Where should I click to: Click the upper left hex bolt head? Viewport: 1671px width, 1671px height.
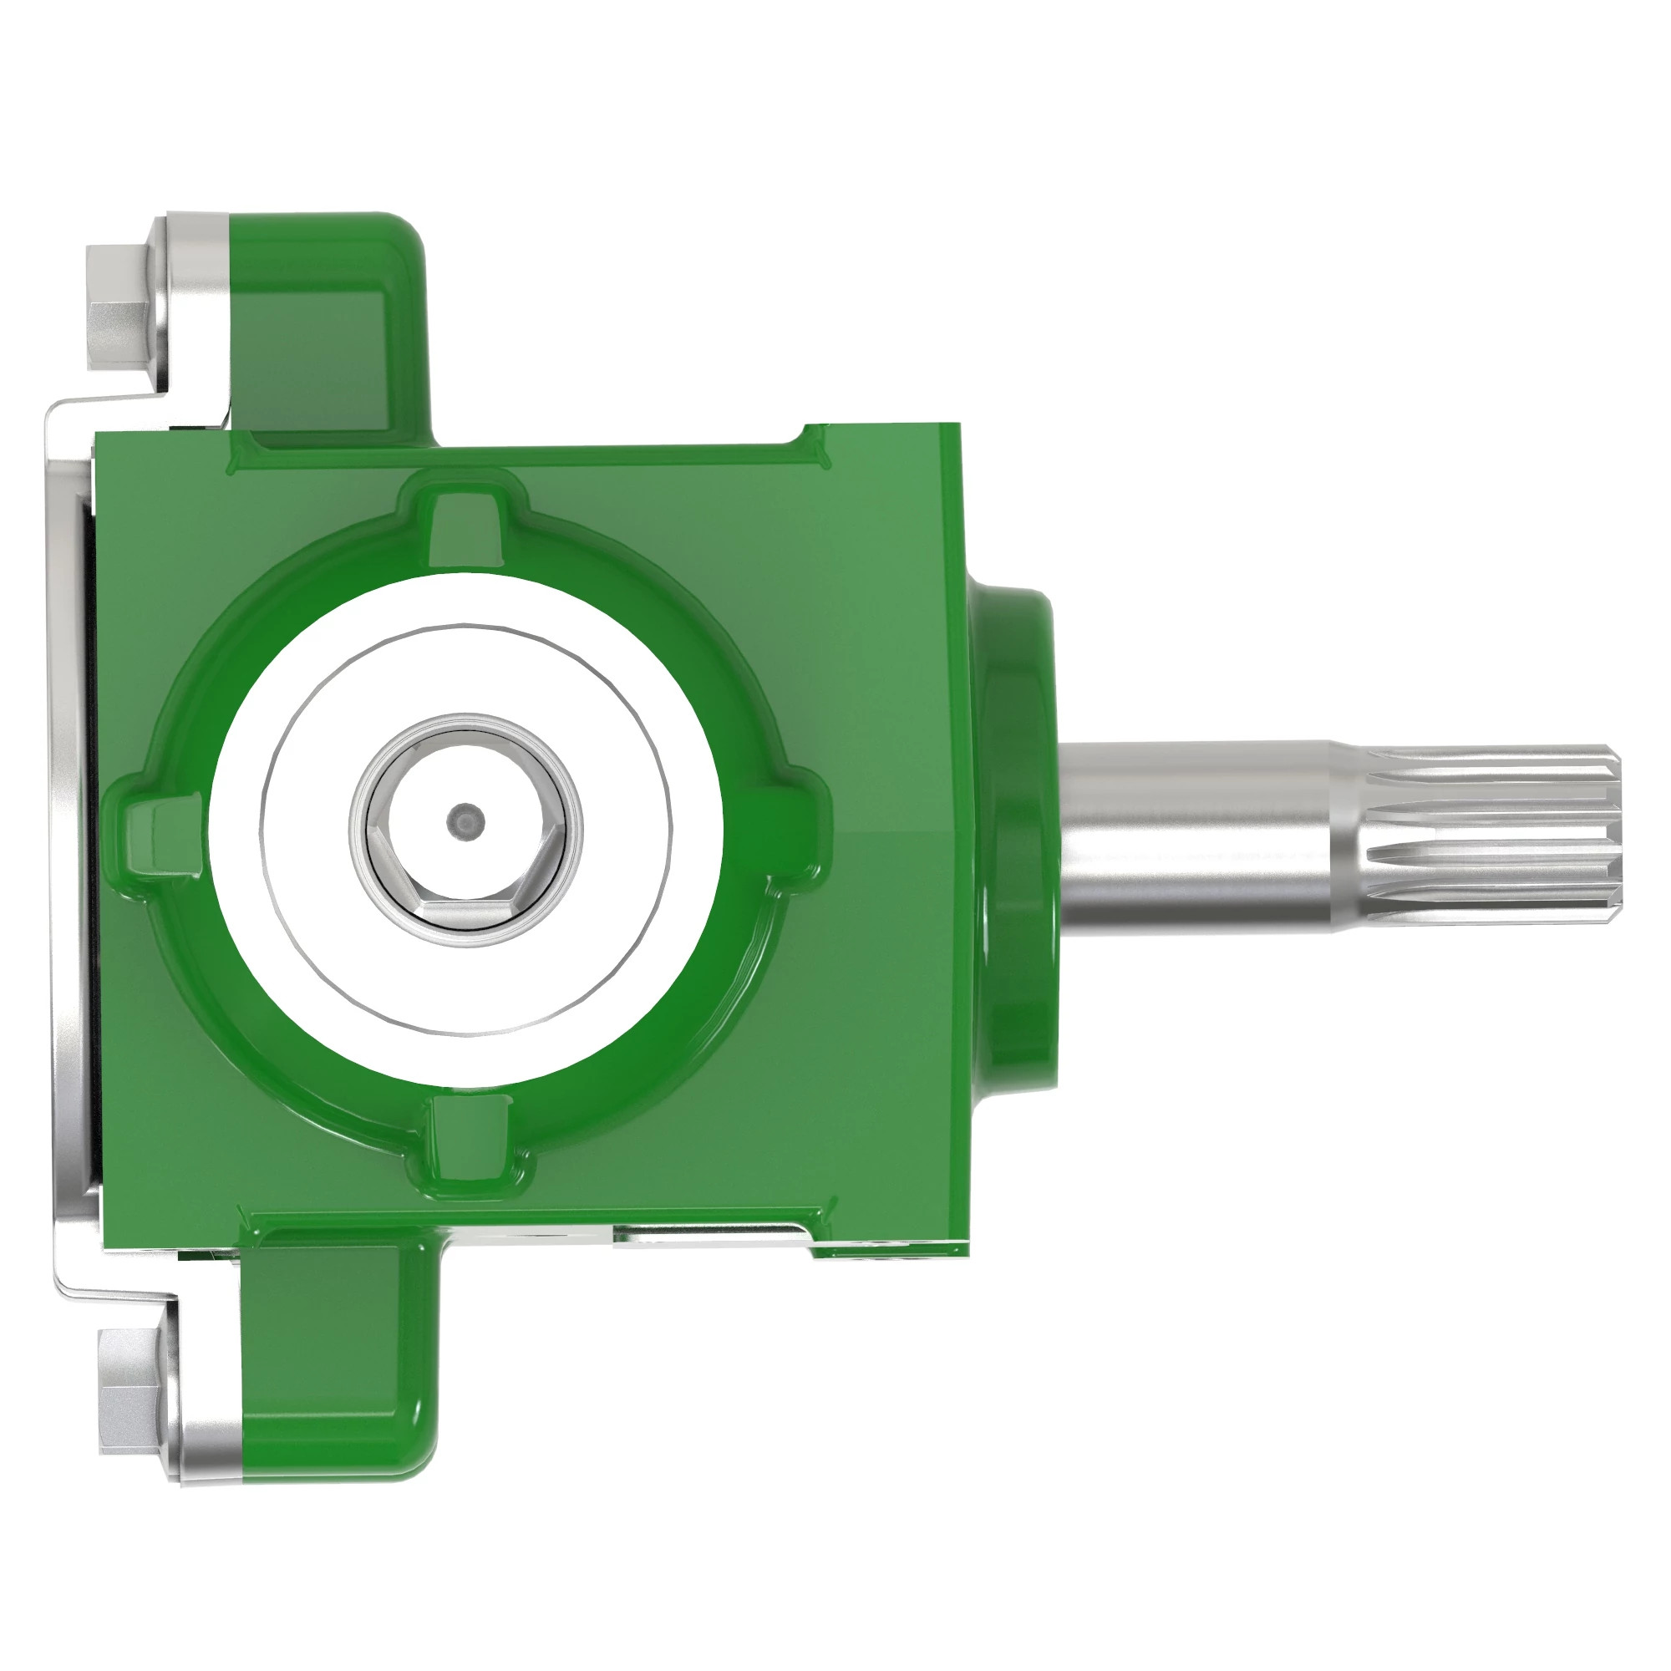[x=119, y=301]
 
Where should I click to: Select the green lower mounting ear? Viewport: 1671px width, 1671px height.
[x=346, y=1349]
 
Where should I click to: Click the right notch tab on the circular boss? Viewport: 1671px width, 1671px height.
[x=779, y=826]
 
